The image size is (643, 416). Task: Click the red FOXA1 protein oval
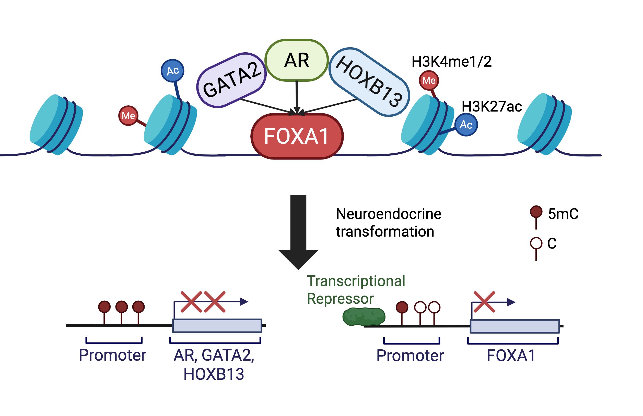(297, 136)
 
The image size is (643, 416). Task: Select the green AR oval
(297, 60)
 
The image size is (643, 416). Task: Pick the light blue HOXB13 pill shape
(369, 82)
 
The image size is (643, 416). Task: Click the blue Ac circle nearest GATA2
(172, 71)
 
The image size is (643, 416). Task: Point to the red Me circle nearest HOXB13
(429, 80)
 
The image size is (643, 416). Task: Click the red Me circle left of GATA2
(128, 116)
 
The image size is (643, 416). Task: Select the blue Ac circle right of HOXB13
(466, 125)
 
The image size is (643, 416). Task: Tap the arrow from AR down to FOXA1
(297, 97)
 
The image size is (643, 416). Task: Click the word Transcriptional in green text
(356, 281)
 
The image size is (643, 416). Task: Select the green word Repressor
(340, 299)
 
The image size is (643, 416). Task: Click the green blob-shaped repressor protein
(364, 317)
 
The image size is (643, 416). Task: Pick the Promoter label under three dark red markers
(112, 355)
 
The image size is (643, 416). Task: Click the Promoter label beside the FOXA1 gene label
(410, 356)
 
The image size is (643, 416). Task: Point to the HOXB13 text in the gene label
(214, 374)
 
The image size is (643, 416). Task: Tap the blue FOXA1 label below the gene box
(511, 356)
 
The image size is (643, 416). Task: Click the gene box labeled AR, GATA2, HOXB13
(217, 326)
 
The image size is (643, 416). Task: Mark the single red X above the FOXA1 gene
(484, 302)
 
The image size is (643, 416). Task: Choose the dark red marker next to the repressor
(402, 307)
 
